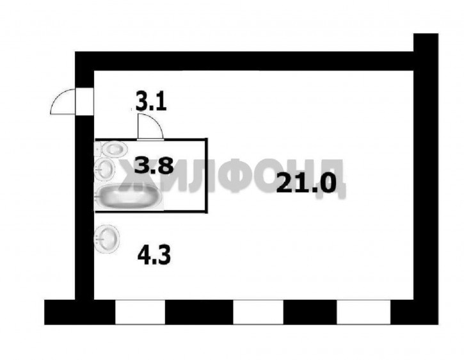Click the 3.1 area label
[x=151, y=101]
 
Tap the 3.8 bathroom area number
[x=154, y=166]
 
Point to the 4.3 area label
[x=154, y=256]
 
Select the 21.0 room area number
[x=307, y=183]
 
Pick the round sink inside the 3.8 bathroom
[x=104, y=168]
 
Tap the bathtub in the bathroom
[x=129, y=196]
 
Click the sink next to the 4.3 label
[x=106, y=239]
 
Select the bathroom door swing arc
[x=150, y=127]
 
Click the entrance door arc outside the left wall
[x=63, y=101]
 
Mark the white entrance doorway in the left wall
[x=84, y=101]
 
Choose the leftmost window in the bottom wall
[x=140, y=312]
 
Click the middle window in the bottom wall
[x=259, y=312]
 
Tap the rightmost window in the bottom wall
[x=364, y=312]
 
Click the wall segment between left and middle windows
[x=199, y=312]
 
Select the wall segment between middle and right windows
[x=310, y=312]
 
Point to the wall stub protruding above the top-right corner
[x=426, y=43]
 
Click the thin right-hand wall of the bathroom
[x=206, y=176]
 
